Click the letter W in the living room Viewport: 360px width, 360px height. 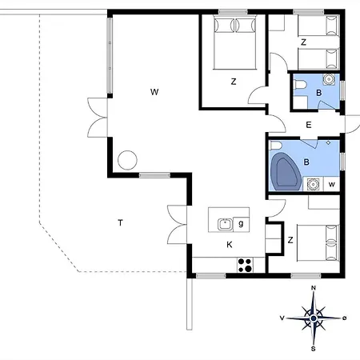click(154, 92)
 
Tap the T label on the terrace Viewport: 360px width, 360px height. click(121, 222)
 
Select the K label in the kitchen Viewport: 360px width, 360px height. click(230, 245)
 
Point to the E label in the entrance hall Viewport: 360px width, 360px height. click(309, 125)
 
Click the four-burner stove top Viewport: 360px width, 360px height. click(245, 265)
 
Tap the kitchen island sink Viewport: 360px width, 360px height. click(225, 224)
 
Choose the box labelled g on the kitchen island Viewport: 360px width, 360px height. click(241, 224)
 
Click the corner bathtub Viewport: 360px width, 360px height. click(286, 171)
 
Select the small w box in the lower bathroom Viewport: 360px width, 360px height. click(331, 184)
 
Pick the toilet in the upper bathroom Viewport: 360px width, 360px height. click(300, 85)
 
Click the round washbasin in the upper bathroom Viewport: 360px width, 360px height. click(329, 79)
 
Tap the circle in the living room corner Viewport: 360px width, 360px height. click(127, 160)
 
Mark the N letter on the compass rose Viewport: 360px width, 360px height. click(314, 288)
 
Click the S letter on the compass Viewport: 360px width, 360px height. click(314, 349)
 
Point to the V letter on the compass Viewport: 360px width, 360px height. click(282, 318)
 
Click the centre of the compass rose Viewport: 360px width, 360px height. click(314, 318)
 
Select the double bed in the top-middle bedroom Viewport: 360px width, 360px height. click(234, 42)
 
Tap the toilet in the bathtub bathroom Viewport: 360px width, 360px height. click(276, 146)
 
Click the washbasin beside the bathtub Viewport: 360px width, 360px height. click(313, 184)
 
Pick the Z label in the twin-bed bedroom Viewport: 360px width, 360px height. click(303, 42)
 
